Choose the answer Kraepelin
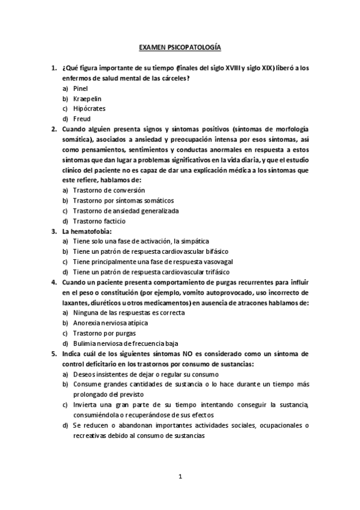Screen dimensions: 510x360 (85, 99)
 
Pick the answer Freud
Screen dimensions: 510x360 (82, 119)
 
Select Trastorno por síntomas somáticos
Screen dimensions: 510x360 (123, 200)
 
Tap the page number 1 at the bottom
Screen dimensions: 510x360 (180, 477)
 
